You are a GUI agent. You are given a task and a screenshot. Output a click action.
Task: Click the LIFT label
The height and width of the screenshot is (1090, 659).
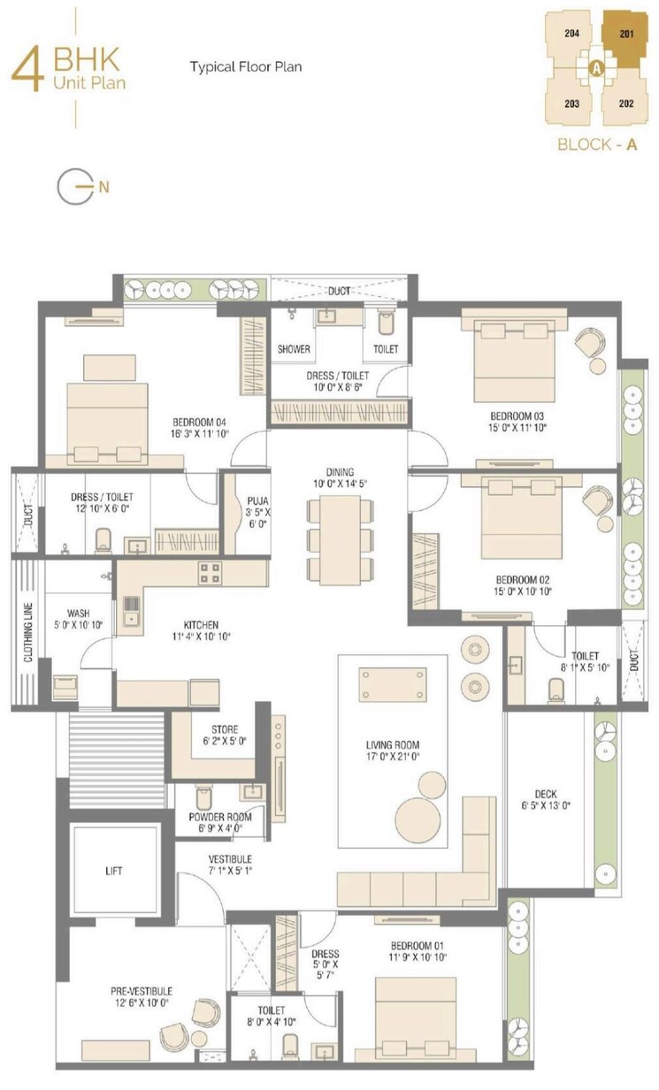click(x=113, y=871)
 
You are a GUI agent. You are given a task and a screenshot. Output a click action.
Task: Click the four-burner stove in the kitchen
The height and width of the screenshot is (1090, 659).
click(x=210, y=572)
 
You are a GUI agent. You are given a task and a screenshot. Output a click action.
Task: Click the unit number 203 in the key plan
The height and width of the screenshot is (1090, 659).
click(x=571, y=103)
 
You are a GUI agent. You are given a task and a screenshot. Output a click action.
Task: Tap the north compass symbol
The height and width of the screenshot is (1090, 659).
click(x=74, y=186)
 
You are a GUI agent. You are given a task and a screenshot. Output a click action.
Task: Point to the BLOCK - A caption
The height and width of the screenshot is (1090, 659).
click(x=597, y=145)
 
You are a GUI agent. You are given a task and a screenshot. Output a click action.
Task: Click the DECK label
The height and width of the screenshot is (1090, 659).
click(x=545, y=793)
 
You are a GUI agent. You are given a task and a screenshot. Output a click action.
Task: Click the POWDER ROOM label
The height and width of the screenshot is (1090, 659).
click(x=219, y=817)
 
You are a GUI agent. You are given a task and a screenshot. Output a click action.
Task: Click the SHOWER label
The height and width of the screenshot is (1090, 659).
click(x=294, y=349)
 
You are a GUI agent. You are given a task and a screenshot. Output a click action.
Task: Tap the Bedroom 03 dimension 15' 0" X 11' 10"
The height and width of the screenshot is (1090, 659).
click(x=519, y=428)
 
